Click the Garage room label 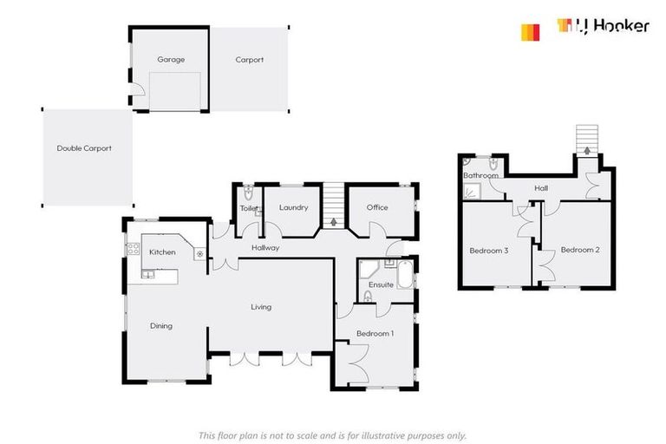(168, 60)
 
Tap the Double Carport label (84, 148)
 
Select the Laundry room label (294, 207)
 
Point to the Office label (377, 207)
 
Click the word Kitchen (162, 252)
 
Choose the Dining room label (161, 326)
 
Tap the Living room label (261, 307)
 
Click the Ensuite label (381, 284)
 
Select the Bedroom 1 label (375, 334)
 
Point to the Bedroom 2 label (580, 251)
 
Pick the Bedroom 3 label (489, 251)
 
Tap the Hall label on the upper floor (541, 188)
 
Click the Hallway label (265, 248)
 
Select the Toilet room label (249, 209)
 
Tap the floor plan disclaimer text (333, 435)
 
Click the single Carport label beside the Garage (250, 60)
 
